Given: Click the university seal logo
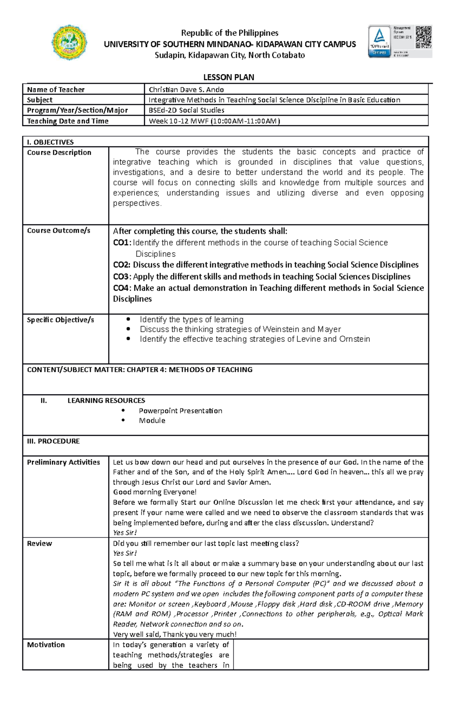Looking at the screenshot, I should [x=69, y=42].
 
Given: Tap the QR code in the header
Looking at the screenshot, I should [x=424, y=37].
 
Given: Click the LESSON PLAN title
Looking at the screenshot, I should [x=228, y=77].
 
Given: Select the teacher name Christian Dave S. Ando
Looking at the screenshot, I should [x=186, y=89].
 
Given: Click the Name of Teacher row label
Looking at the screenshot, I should [x=56, y=89].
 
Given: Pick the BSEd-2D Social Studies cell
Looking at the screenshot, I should [x=186, y=110].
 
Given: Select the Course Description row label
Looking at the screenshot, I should [x=59, y=152].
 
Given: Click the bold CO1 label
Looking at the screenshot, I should [x=122, y=242].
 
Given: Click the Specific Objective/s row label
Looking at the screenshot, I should [x=60, y=320].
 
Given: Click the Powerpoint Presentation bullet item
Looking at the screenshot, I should [x=180, y=411].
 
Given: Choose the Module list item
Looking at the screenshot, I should [x=152, y=420].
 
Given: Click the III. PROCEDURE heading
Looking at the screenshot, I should [x=53, y=441].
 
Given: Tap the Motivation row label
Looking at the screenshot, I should [x=46, y=645].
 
